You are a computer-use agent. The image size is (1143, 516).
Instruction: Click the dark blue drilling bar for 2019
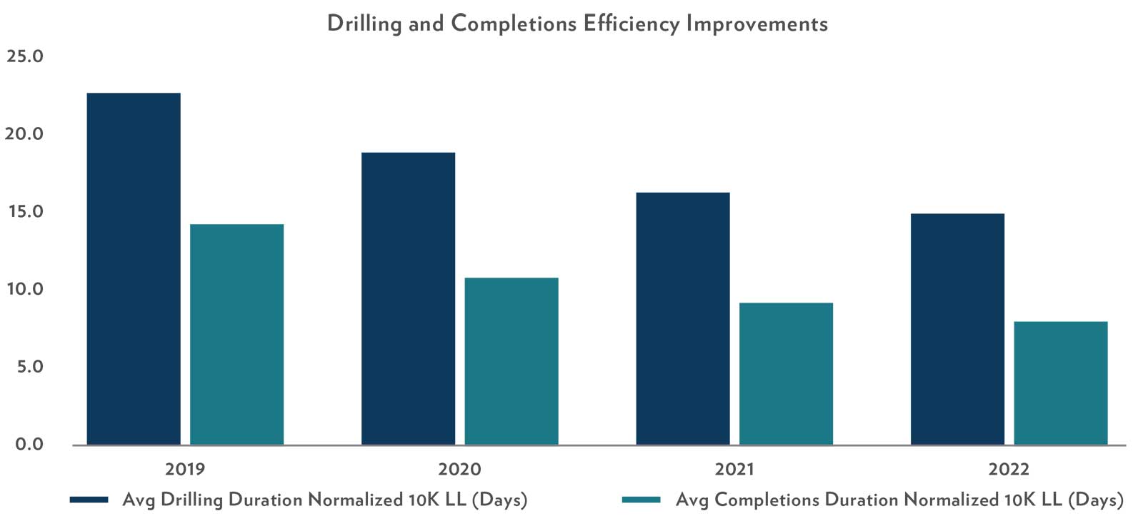134,269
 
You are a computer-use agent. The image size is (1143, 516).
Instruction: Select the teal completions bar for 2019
236,335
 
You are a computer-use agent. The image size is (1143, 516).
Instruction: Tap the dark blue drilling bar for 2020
408,298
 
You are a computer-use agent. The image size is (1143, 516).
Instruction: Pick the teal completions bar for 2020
511,361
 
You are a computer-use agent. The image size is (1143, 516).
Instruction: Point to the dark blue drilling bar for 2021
683,318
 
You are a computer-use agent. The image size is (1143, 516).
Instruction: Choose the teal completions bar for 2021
786,374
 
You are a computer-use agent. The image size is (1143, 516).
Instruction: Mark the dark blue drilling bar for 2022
957,329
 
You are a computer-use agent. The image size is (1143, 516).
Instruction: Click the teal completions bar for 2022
1061,383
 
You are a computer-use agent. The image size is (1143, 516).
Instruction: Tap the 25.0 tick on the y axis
24,56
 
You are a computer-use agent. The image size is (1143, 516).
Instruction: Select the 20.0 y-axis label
24,134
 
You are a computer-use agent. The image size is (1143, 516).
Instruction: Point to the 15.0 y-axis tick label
24,212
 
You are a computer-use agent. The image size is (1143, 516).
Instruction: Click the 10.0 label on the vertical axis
24,290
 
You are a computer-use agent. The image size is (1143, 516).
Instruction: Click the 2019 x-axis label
185,470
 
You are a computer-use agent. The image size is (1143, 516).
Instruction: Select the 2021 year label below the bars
734,470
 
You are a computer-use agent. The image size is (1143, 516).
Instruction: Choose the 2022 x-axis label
1009,470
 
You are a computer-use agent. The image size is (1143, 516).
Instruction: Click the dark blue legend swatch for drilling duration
89,500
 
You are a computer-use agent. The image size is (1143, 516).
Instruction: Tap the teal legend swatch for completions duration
641,500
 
